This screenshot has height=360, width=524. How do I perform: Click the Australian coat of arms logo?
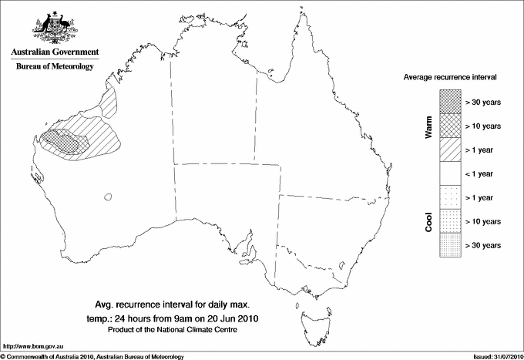coord(54,27)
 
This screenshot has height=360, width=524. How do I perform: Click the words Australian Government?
coord(54,52)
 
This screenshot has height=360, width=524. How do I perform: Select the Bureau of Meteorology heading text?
coord(54,66)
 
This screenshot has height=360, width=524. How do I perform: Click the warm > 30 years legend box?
coord(449,102)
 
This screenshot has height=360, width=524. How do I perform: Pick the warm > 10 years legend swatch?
coord(449,126)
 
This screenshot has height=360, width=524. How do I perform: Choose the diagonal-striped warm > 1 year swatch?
coord(449,150)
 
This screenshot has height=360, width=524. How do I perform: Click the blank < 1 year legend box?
coord(449,173)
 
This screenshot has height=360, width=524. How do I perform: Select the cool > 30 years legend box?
coord(449,245)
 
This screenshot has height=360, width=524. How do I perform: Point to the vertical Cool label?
coord(428,221)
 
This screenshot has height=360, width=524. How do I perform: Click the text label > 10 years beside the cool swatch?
coord(483,221)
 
